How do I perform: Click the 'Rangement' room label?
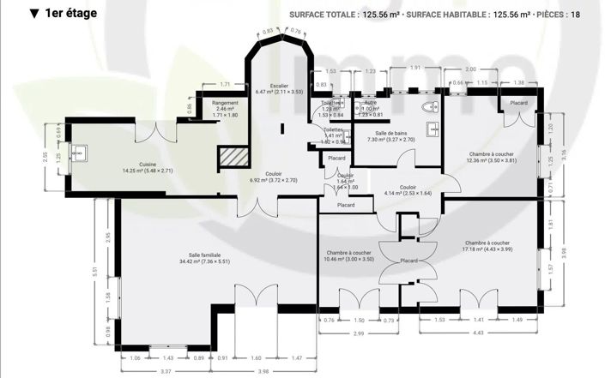pos(225,104)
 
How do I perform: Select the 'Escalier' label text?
pos(279,86)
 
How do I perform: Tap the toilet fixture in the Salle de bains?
pos(433,107)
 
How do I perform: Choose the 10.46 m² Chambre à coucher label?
pos(348,254)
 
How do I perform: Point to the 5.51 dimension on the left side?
pos(95,272)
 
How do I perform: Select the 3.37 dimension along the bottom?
pos(165,371)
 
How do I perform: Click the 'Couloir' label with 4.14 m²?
pos(408,187)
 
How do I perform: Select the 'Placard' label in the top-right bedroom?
pos(519,103)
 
